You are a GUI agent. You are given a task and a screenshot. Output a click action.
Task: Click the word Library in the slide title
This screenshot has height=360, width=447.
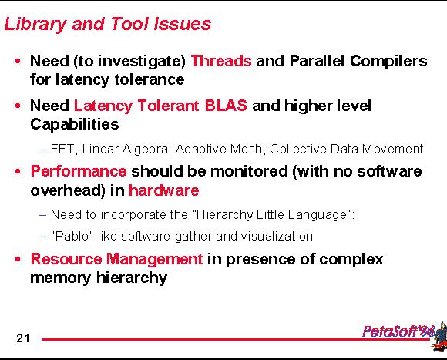coord(35,24)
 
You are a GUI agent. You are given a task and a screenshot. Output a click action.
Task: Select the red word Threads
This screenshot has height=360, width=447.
coord(221,61)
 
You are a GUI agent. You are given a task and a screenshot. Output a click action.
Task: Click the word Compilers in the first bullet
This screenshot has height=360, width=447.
coord(388,61)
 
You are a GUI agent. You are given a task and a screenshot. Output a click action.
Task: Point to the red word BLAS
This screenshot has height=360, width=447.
coord(226,106)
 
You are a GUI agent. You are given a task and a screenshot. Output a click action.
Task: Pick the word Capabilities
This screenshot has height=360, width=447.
coord(75,125)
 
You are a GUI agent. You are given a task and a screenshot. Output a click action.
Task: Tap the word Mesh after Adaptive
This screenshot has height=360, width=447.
coord(247,149)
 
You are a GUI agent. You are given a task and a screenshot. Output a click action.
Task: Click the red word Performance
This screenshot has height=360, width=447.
coord(79,171)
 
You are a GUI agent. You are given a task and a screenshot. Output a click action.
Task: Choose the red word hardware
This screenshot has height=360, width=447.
coord(164,190)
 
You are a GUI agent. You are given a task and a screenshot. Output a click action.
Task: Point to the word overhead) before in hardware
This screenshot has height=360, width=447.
coord(68,190)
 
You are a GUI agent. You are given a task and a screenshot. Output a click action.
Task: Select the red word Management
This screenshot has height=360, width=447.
coord(154,260)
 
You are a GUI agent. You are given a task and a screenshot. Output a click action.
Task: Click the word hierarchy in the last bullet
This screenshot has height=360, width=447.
coord(132,278)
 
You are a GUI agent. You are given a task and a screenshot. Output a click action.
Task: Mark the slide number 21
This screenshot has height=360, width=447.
coord(23,338)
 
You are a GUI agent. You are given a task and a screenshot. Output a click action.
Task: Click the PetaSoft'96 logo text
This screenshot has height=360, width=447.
coord(398,331)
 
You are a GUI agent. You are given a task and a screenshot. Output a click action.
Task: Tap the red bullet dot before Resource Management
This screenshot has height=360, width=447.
coord(18,259)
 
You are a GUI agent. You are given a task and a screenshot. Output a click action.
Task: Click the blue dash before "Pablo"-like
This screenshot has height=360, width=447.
coord(42,237)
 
